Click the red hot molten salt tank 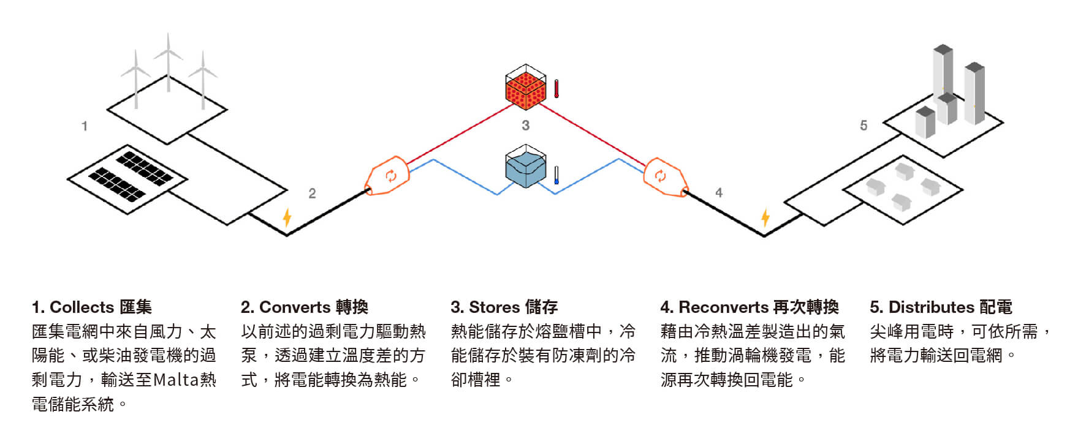(x=525, y=88)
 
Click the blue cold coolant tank (x=525, y=167)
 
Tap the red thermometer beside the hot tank (x=556, y=88)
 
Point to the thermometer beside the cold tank (x=556, y=175)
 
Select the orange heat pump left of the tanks (x=387, y=177)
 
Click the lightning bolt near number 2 (x=286, y=217)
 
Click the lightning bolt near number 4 (x=765, y=217)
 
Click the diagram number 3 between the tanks (x=525, y=126)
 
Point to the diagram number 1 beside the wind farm (x=85, y=126)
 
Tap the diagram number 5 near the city (x=864, y=126)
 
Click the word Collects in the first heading (x=82, y=307)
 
